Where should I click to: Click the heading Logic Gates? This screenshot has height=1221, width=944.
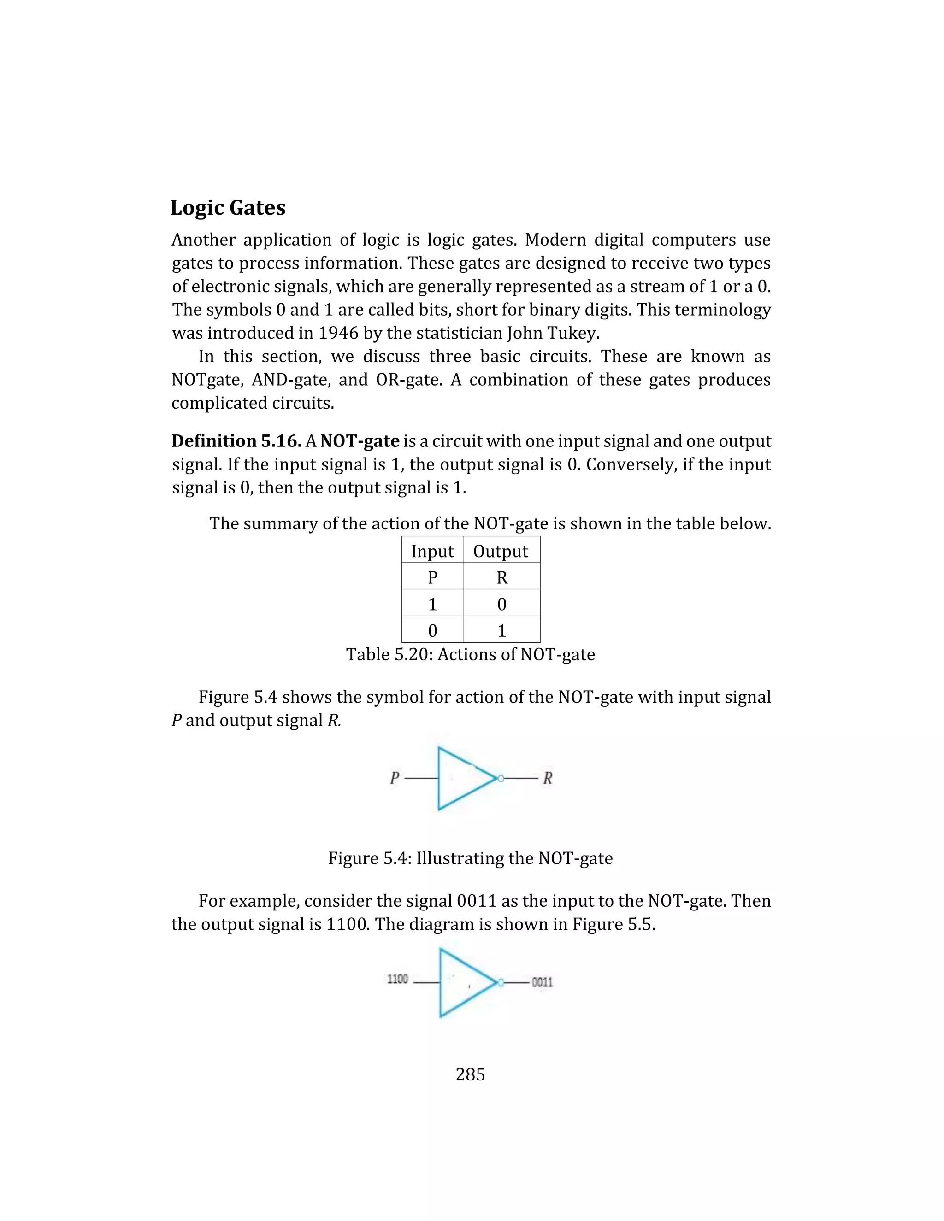[x=228, y=208]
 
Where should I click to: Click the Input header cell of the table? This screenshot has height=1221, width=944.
[x=432, y=551]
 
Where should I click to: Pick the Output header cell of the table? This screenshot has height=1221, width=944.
[x=501, y=551]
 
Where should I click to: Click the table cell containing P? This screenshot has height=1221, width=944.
[x=432, y=577]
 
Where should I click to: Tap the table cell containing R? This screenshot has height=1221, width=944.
[x=501, y=577]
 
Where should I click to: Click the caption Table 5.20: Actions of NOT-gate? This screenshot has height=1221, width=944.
[x=470, y=654]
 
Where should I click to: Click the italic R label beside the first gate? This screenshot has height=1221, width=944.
[x=548, y=778]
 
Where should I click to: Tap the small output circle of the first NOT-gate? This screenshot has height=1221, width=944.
[x=501, y=778]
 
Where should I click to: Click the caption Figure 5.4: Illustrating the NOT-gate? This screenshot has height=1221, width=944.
[x=470, y=858]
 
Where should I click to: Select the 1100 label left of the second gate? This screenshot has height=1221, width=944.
[x=398, y=980]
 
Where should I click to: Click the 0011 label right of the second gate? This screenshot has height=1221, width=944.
[x=542, y=982]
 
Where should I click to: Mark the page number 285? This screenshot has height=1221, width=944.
[x=470, y=1074]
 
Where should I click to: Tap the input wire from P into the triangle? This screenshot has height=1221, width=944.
[x=420, y=778]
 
